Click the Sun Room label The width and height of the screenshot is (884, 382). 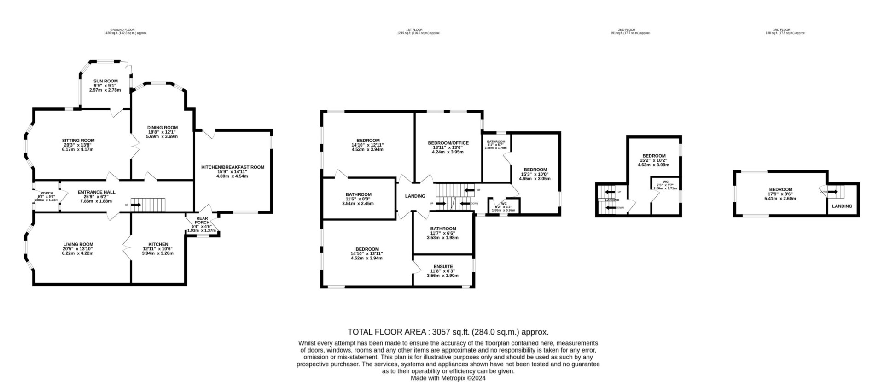pos(105,81)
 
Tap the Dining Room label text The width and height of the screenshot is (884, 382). pos(162,128)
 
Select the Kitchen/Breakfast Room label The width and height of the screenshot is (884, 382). pos(233,167)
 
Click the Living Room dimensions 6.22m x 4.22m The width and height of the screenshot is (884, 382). pos(78,253)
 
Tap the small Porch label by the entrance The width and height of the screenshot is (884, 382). pos(47,193)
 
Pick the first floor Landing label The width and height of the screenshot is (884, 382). pos(415,196)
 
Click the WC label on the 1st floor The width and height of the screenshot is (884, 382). pos(504,203)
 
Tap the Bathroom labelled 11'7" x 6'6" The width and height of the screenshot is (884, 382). pos(443,229)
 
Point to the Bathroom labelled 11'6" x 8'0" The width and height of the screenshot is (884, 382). pos(358,194)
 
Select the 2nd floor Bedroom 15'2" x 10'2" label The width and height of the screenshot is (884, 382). pos(653,156)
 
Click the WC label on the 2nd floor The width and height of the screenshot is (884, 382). pos(665,182)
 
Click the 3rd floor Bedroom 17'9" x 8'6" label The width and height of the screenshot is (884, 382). pos(780,189)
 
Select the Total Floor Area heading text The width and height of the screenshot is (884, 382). pos(448,332)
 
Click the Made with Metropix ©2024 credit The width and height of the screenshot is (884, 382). pos(448,378)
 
